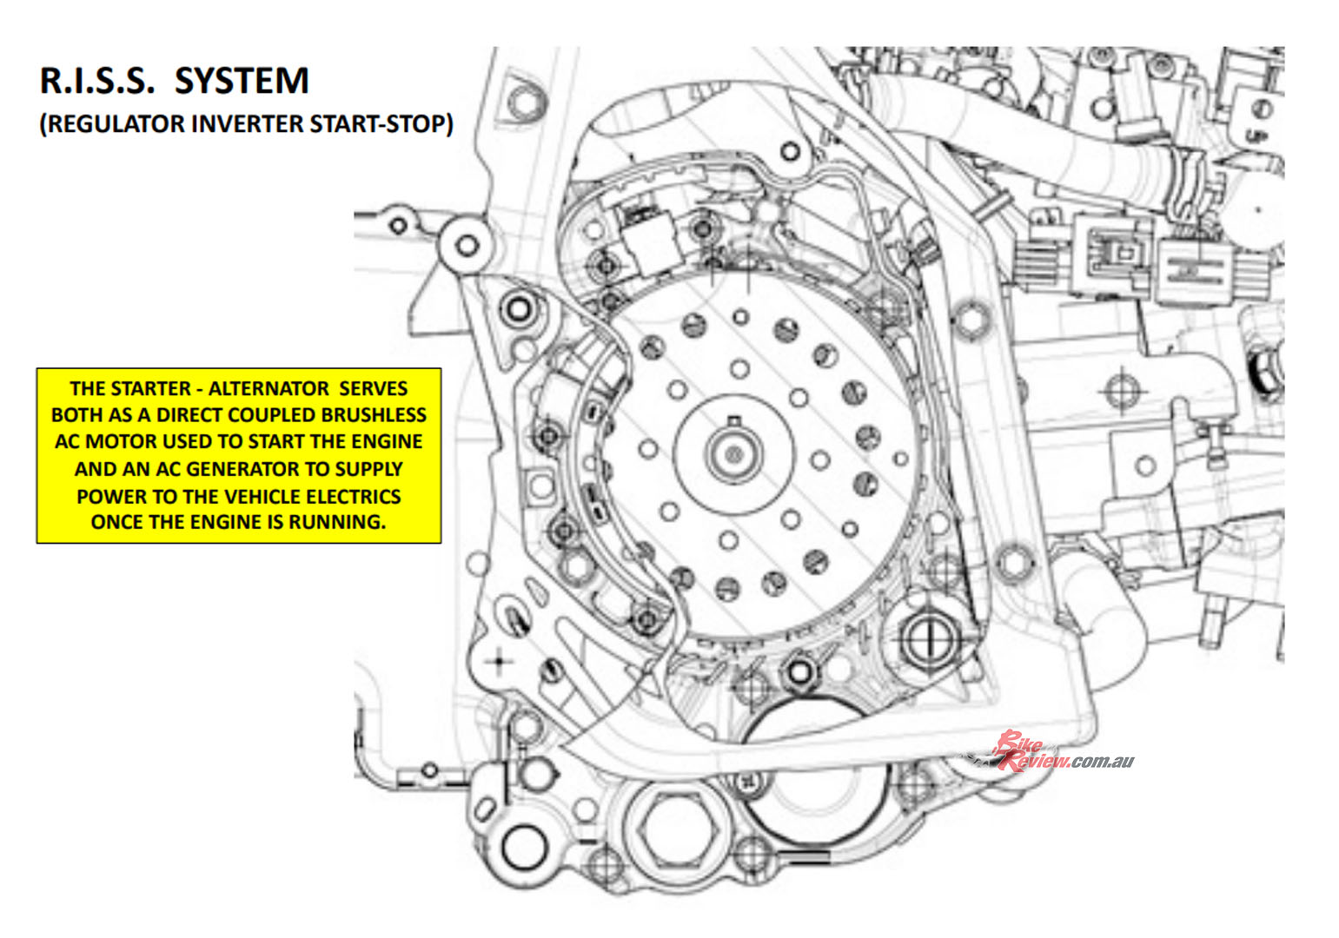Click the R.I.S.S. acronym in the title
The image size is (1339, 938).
point(98,81)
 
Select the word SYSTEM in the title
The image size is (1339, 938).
point(242,81)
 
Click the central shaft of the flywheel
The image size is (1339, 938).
point(732,452)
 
